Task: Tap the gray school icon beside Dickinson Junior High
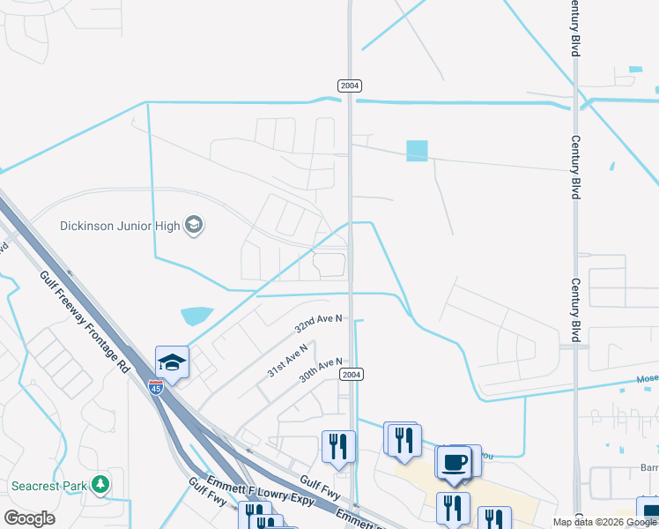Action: click(x=194, y=226)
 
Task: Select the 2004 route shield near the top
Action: click(x=350, y=86)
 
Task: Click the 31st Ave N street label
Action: click(x=288, y=360)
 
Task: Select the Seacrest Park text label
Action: click(x=50, y=485)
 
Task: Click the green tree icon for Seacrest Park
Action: click(x=101, y=484)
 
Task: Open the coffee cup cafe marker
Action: click(x=455, y=463)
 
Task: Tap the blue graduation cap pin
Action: click(x=173, y=362)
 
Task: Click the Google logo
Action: click(x=29, y=518)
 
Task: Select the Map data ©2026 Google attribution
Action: click(x=604, y=522)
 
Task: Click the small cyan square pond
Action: click(x=417, y=151)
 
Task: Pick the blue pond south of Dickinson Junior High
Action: click(x=196, y=315)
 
